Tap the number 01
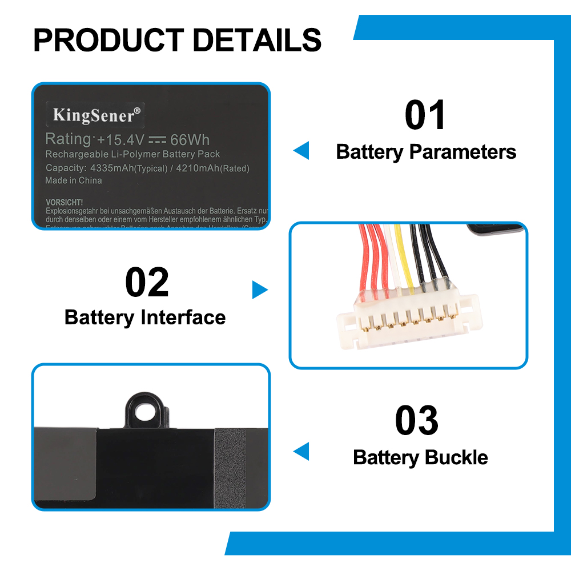tap(425, 115)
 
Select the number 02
tap(147, 283)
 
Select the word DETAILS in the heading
tap(256, 40)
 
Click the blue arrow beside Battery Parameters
tap(301, 151)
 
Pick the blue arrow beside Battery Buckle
tap(301, 451)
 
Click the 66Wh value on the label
tap(190, 140)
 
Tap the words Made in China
tap(74, 180)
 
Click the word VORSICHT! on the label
tap(64, 202)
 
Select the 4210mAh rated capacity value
tap(196, 168)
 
